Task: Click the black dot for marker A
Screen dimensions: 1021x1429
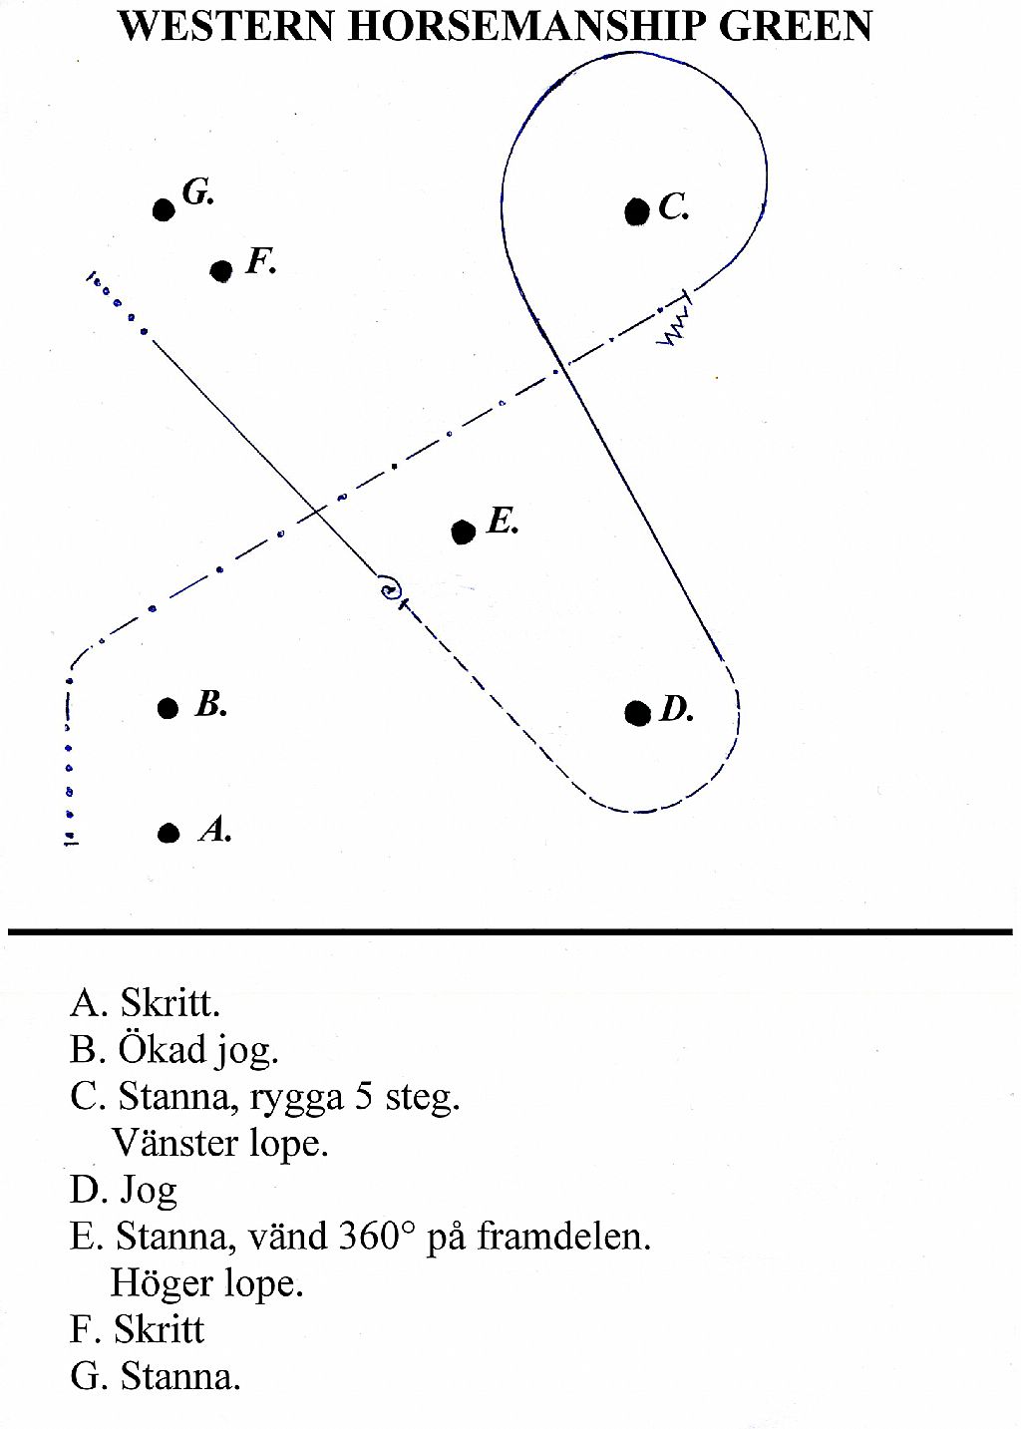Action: [169, 833]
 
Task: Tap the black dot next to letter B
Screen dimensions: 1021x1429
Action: [168, 708]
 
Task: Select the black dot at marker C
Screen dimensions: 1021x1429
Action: [636, 211]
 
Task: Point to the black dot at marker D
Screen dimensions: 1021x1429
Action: [638, 713]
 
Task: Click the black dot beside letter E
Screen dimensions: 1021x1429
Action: [464, 532]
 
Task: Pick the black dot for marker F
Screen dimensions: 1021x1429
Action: [221, 271]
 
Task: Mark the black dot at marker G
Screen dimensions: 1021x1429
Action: [164, 209]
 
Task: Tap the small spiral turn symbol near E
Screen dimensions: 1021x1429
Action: [389, 588]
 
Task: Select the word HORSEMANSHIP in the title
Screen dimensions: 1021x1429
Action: [526, 27]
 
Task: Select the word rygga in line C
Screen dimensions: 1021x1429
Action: [297, 1099]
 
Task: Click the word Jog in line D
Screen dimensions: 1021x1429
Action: [148, 1194]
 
